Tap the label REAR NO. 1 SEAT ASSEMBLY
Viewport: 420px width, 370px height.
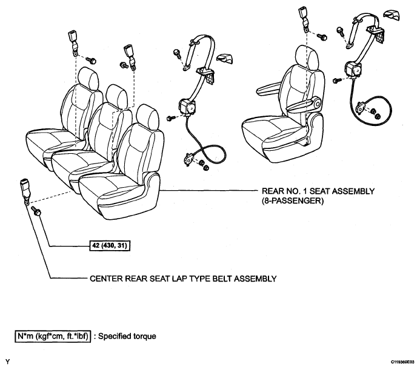pyautogui.click(x=318, y=191)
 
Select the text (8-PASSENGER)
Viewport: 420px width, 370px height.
pyautogui.click(x=293, y=200)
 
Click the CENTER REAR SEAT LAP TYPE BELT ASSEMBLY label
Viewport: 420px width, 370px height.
pyautogui.click(x=183, y=279)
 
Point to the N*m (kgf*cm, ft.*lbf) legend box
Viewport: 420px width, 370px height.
pyautogui.click(x=53, y=336)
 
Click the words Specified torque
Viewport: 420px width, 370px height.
pyautogui.click(x=127, y=336)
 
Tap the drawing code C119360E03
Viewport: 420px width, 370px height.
pyautogui.click(x=402, y=362)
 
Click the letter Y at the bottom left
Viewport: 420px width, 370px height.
pyautogui.click(x=7, y=362)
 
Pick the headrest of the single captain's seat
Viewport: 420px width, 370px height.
pyautogui.click(x=307, y=56)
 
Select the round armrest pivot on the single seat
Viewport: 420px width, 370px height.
pyautogui.click(x=317, y=103)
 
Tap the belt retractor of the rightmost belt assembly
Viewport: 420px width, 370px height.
pyautogui.click(x=353, y=69)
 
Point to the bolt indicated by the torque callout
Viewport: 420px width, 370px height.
pyautogui.click(x=36, y=211)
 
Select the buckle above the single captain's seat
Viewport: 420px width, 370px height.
pyautogui.click(x=304, y=18)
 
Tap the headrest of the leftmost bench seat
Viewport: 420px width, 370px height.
pyautogui.click(x=88, y=78)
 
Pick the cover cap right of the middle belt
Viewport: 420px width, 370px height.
pyautogui.click(x=224, y=58)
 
